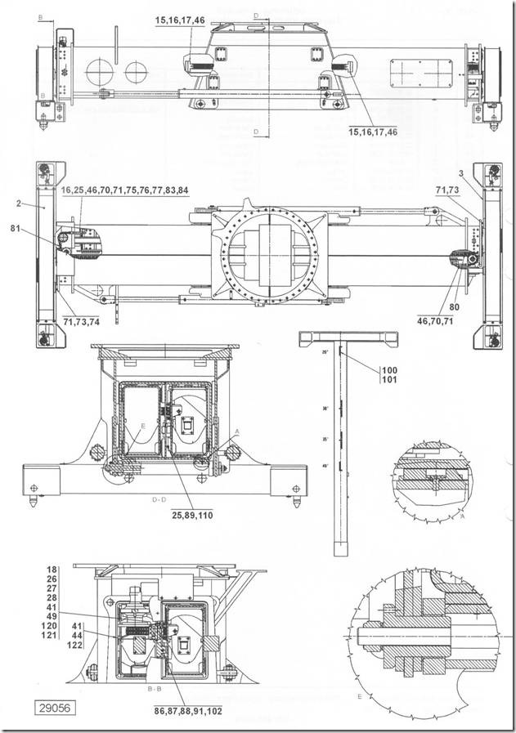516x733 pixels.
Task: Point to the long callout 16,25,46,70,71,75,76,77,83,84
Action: click(x=125, y=190)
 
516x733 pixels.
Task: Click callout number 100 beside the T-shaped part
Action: click(x=388, y=371)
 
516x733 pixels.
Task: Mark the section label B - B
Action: click(x=154, y=691)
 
